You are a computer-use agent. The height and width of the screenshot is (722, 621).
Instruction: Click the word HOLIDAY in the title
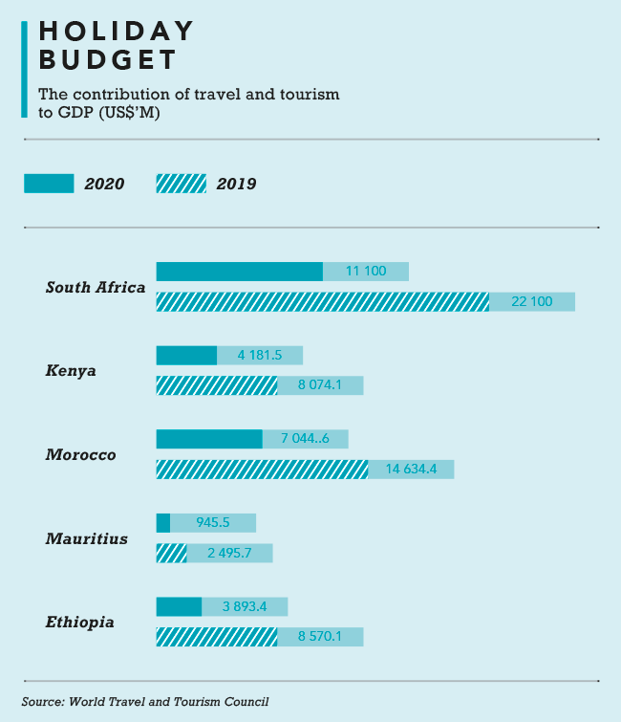click(x=117, y=32)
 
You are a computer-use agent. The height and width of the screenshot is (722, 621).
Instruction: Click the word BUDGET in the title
click(x=108, y=60)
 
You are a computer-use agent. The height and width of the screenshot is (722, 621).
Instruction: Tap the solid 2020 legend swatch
click(x=49, y=184)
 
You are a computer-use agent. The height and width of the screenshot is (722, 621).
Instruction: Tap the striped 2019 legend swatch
click(x=181, y=184)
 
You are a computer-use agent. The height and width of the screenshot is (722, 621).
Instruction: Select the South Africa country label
click(x=96, y=287)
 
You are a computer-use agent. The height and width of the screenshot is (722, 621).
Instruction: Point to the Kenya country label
click(x=71, y=370)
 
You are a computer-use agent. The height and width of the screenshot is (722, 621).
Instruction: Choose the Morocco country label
click(x=81, y=454)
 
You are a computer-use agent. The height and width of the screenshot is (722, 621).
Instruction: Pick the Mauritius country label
click(x=87, y=538)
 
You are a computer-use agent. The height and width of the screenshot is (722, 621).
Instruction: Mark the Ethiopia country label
click(x=80, y=623)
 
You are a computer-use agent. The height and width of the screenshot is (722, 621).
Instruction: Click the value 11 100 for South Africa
click(x=366, y=272)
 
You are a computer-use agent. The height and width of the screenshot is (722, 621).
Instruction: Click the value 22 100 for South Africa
click(x=532, y=302)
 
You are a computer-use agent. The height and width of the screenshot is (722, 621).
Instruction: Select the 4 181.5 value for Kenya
click(x=260, y=356)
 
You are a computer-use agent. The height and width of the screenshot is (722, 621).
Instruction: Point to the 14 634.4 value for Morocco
click(x=411, y=470)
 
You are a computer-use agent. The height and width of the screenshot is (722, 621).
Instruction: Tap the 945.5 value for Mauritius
click(x=213, y=523)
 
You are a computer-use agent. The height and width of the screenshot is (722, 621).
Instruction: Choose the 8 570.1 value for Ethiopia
click(x=321, y=637)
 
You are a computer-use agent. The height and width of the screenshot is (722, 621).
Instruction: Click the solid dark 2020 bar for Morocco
click(x=209, y=439)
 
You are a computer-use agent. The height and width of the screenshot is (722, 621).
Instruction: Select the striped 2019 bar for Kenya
click(x=217, y=385)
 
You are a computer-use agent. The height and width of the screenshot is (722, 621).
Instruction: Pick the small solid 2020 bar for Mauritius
click(x=163, y=523)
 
